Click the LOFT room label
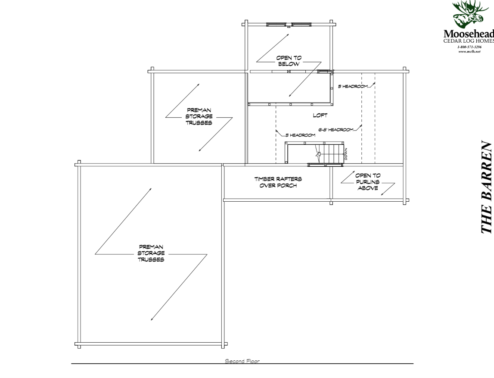pyautogui.click(x=320, y=116)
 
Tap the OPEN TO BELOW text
pyautogui.click(x=288, y=61)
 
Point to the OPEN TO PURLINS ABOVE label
pyautogui.click(x=367, y=182)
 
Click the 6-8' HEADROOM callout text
pyautogui.click(x=336, y=129)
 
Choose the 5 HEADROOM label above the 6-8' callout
pyautogui.click(x=353, y=86)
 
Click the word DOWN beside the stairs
pyautogui.click(x=345, y=152)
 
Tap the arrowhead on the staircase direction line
pyautogui.click(x=317, y=154)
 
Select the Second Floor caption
pyautogui.click(x=242, y=361)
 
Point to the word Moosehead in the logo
pyautogui.click(x=469, y=34)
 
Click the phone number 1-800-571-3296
pyautogui.click(x=469, y=47)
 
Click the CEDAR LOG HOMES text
pyautogui.click(x=469, y=41)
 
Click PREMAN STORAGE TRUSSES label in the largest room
pyautogui.click(x=151, y=253)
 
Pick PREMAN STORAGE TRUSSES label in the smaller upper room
pyautogui.click(x=199, y=116)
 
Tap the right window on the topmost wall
pyautogui.click(x=301, y=24)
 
